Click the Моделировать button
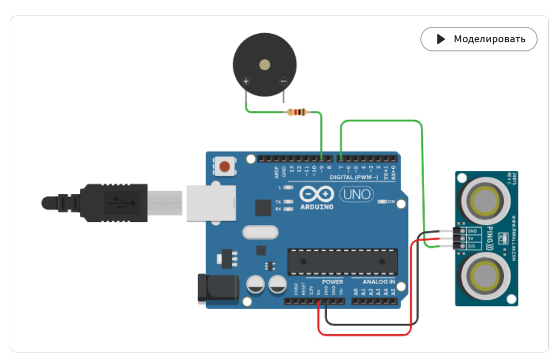click(x=478, y=39)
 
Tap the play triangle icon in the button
click(x=441, y=39)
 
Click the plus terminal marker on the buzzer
click(x=246, y=81)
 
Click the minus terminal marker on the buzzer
click(x=283, y=81)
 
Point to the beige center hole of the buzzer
click(x=265, y=65)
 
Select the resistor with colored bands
click(x=296, y=112)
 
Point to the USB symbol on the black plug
click(x=119, y=202)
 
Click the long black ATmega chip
click(x=342, y=262)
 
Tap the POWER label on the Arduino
click(x=333, y=282)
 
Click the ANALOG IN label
click(x=379, y=282)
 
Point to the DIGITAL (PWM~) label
click(x=354, y=177)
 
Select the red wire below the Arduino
click(x=364, y=334)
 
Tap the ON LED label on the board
click(x=391, y=201)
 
